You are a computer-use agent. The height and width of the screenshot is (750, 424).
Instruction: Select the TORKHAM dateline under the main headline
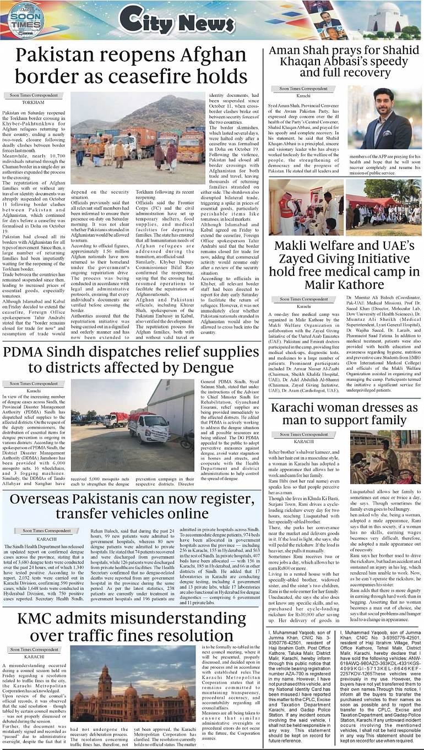point(33,103)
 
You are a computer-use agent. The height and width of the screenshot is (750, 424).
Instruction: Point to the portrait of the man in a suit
point(384,118)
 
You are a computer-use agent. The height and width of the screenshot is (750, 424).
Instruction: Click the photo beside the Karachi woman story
point(385,457)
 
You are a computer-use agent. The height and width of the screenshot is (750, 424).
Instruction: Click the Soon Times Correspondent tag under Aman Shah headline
point(303,88)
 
